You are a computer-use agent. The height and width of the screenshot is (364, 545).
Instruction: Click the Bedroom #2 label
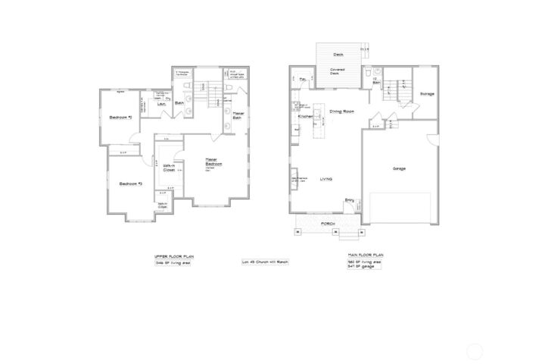point(120,118)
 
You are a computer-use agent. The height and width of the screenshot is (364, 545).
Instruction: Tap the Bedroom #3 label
point(131,184)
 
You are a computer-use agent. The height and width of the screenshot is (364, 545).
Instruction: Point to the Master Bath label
point(237,116)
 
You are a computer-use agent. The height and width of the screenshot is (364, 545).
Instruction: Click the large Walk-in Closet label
point(168,168)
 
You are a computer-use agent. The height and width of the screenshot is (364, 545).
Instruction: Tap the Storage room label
point(427,93)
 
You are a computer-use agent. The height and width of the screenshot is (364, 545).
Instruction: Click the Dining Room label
point(342,111)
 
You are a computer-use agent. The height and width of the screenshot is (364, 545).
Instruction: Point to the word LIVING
point(326,179)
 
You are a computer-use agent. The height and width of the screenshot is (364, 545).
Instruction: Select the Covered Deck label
point(337,73)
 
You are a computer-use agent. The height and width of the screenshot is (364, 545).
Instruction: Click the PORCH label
point(328,224)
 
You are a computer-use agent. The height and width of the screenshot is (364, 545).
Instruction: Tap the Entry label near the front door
point(350,200)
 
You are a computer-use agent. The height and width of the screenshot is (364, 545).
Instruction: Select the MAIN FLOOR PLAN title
point(366,256)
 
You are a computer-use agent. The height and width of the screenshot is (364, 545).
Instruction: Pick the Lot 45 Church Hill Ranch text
point(265,262)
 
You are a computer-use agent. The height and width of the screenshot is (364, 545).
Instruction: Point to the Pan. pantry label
point(303,79)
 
